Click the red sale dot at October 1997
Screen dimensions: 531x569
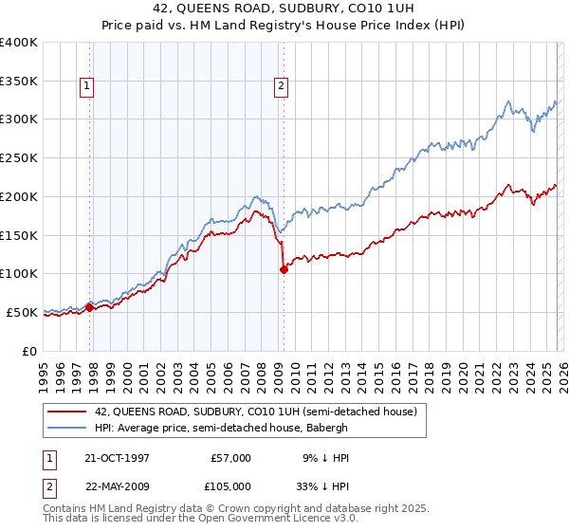pyautogui.click(x=90, y=306)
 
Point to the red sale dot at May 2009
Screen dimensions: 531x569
pyautogui.click(x=284, y=269)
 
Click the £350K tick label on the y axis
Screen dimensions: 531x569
pyautogui.click(x=18, y=82)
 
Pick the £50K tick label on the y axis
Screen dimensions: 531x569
pyautogui.click(x=21, y=312)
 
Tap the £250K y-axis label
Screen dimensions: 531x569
pyautogui.click(x=18, y=158)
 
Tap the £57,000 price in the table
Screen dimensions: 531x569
pyautogui.click(x=230, y=458)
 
